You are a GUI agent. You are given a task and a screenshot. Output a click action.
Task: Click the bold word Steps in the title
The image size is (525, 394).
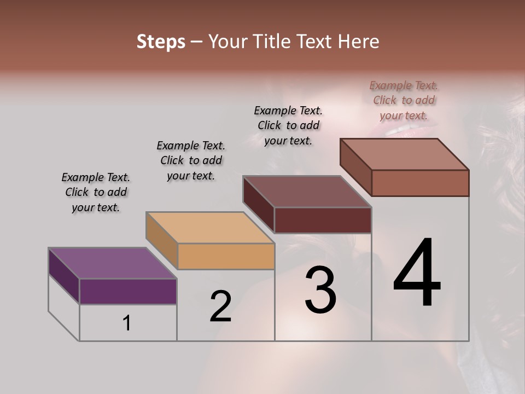161,42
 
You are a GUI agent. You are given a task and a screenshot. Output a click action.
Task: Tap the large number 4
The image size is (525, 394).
417,274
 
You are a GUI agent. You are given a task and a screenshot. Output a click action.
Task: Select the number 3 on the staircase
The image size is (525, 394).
320,291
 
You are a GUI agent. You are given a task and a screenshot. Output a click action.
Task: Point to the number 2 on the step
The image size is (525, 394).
220,306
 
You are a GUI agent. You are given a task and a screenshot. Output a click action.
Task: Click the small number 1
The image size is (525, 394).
127,323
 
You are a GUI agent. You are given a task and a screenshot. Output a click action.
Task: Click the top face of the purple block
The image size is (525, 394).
112,263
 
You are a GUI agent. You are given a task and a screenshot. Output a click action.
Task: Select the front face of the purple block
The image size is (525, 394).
128,291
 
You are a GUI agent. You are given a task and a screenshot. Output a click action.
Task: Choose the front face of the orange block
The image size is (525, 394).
226,256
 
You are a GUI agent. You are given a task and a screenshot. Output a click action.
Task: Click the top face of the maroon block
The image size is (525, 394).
307,192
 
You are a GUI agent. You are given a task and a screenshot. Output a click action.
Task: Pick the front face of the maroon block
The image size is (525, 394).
323,220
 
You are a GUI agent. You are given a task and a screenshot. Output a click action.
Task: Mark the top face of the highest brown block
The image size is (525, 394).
404,154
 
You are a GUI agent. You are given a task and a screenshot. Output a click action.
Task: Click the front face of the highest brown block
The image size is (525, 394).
420,183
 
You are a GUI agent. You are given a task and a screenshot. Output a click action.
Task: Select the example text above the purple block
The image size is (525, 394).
96,192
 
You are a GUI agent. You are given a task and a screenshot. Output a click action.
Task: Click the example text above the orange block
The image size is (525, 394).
191,160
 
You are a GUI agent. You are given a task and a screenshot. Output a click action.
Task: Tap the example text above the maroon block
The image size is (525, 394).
288,125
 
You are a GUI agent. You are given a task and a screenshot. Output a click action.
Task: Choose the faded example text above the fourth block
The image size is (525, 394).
404,100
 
